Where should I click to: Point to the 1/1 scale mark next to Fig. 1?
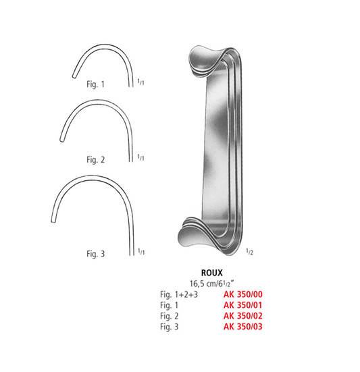click(x=140, y=82)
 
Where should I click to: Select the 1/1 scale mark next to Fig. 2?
click(x=140, y=159)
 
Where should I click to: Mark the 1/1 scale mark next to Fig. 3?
click(x=140, y=251)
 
